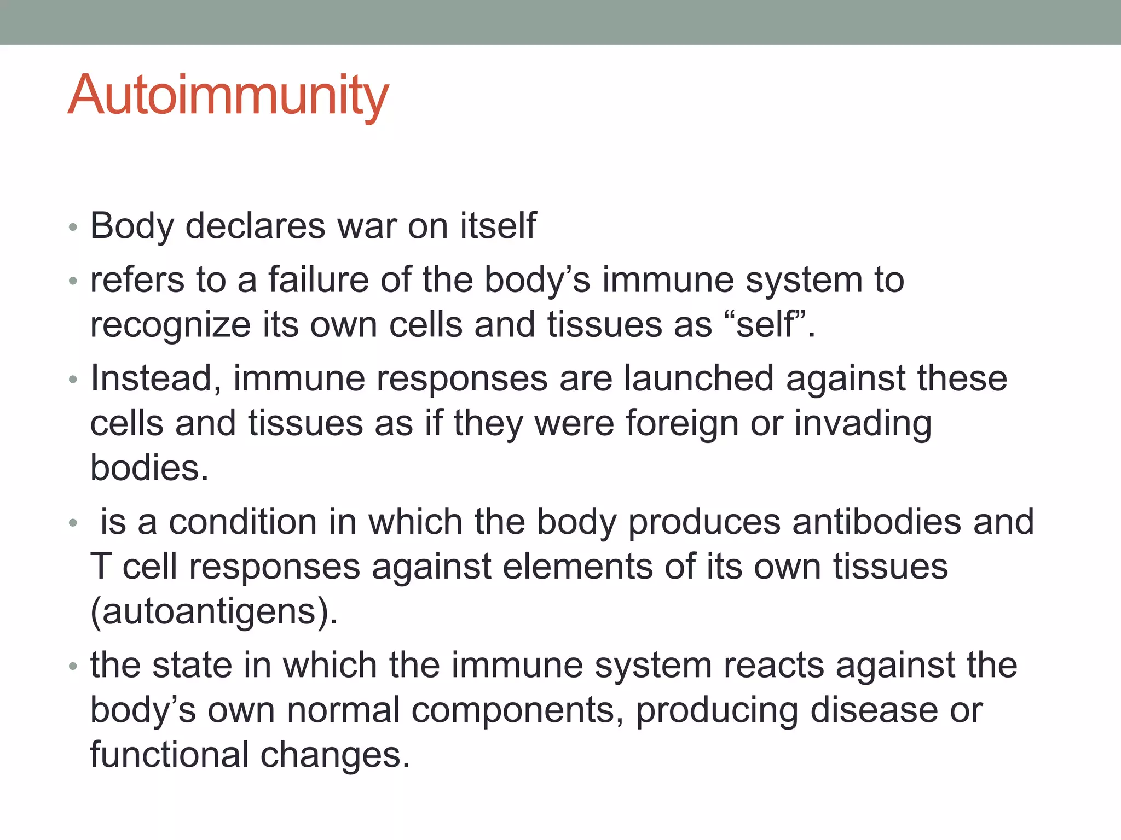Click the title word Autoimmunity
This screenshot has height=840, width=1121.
(228, 96)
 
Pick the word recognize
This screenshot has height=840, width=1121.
(170, 325)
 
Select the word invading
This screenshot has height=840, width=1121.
(863, 424)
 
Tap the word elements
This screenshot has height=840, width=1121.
(577, 567)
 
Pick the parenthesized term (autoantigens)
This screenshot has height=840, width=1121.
(214, 611)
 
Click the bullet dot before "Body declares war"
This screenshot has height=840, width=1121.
(73, 227)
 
